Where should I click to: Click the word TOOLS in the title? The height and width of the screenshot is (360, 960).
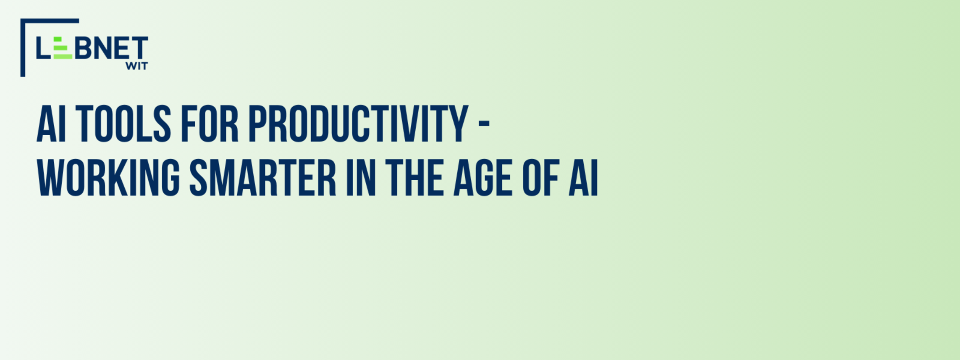(x=123, y=124)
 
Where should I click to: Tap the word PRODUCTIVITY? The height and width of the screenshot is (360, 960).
(x=358, y=124)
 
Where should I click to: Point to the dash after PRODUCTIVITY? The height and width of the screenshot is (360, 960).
(x=484, y=124)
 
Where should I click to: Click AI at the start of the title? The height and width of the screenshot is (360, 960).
(x=51, y=124)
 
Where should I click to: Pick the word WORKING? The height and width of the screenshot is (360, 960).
(x=109, y=178)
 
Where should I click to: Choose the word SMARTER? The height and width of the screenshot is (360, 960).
(x=263, y=178)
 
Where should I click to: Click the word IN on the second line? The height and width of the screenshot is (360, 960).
(x=361, y=178)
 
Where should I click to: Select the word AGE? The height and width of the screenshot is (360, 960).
(x=483, y=178)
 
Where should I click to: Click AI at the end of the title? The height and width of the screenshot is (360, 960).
(x=583, y=178)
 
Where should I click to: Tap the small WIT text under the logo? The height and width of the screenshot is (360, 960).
(x=137, y=66)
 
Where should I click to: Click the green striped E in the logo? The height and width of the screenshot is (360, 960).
(x=63, y=48)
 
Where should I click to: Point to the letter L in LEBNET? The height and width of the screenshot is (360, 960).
(x=44, y=48)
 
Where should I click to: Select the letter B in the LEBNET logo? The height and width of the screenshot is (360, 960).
(x=83, y=48)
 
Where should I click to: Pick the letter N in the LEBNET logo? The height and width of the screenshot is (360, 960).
(x=103, y=48)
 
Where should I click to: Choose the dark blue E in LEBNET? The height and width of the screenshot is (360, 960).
(x=122, y=48)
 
